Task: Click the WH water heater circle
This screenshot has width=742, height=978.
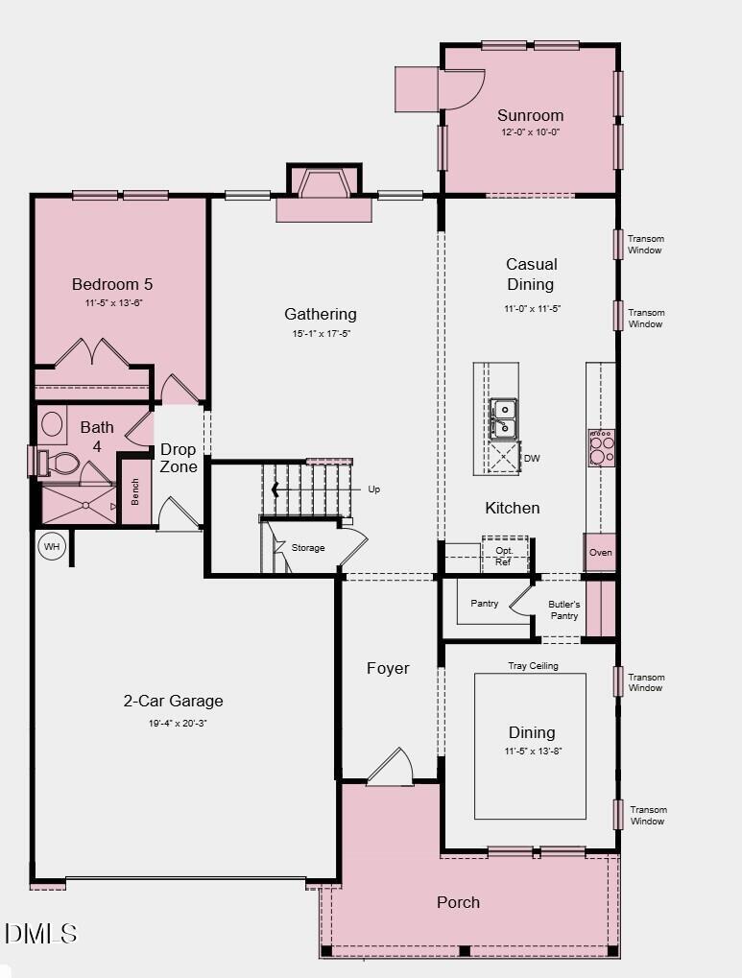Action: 51,547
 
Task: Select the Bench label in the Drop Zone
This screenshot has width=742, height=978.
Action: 135,490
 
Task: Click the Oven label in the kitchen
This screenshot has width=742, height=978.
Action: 600,553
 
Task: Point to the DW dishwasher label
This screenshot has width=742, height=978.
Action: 532,459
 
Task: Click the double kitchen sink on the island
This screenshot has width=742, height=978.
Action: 503,418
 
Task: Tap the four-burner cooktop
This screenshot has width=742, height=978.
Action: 602,447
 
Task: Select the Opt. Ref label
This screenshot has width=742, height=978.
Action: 504,556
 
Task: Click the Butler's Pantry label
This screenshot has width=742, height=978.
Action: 563,609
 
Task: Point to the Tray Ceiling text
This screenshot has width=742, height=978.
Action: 533,665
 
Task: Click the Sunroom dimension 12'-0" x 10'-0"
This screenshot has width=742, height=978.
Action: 530,132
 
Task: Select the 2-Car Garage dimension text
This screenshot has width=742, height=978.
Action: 173,723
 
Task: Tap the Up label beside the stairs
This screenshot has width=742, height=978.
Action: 373,489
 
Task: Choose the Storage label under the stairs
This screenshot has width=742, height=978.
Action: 308,548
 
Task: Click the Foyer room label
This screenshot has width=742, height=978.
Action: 388,668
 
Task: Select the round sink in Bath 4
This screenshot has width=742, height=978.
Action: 52,423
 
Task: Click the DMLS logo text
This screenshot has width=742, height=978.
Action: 40,932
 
